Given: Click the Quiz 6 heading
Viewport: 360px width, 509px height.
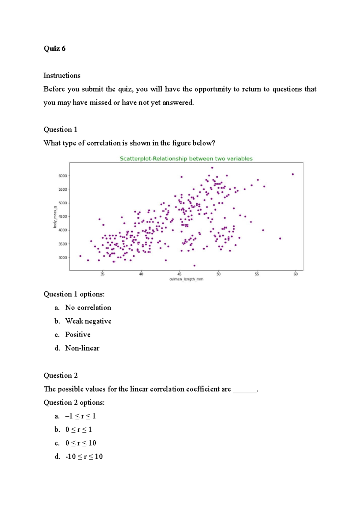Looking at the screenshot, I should (54, 49).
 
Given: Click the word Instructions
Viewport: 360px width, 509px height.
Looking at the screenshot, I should (62, 76).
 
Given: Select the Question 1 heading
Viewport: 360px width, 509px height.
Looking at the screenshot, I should (60, 129).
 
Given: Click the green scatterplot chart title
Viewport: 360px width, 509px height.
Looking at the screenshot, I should (186, 159).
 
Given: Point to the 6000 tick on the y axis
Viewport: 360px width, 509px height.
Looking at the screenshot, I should (63, 176).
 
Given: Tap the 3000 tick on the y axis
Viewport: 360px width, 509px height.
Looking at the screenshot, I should (63, 257).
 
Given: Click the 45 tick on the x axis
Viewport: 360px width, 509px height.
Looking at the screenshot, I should (179, 274).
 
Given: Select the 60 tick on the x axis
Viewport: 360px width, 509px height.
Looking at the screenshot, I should (295, 274).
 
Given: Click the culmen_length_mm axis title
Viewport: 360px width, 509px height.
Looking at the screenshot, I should (186, 279).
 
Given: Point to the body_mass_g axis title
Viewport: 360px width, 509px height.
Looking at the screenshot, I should (55, 217).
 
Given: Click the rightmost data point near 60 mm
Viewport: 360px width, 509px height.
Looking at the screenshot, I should (293, 174).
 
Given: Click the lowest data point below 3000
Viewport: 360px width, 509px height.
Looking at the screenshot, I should (194, 266).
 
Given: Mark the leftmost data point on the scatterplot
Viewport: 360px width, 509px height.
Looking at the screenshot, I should (80, 256).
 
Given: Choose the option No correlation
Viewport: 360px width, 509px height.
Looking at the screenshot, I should (88, 308).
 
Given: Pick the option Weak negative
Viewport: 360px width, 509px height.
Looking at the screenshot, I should (88, 321).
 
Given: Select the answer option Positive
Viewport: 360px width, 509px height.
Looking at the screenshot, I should (78, 335).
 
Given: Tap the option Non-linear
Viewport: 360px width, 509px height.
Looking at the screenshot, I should (82, 348).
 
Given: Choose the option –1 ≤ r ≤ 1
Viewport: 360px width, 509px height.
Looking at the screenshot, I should (80, 416).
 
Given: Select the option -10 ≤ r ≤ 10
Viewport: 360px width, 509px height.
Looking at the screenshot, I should (84, 457).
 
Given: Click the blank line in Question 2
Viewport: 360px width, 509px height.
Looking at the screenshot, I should (245, 390).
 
